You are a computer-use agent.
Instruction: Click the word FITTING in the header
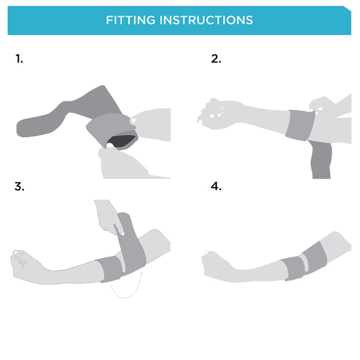(130, 20)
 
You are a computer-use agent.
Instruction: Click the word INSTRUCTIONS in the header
(206, 20)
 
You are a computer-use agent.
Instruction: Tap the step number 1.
(19, 59)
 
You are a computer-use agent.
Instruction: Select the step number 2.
(216, 59)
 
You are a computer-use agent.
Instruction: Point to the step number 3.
(19, 187)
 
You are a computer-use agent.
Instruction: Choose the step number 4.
(216, 187)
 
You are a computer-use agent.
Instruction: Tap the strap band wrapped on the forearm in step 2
(300, 125)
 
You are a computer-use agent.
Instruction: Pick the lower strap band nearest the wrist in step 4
(293, 268)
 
